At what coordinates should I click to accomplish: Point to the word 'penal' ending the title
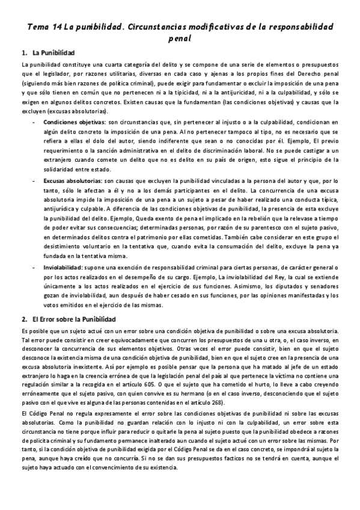pyautogui.click(x=180, y=39)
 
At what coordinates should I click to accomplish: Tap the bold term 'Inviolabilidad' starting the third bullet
pyautogui.click(x=61, y=266)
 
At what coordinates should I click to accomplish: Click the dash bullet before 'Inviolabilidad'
pyautogui.click(x=34, y=266)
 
